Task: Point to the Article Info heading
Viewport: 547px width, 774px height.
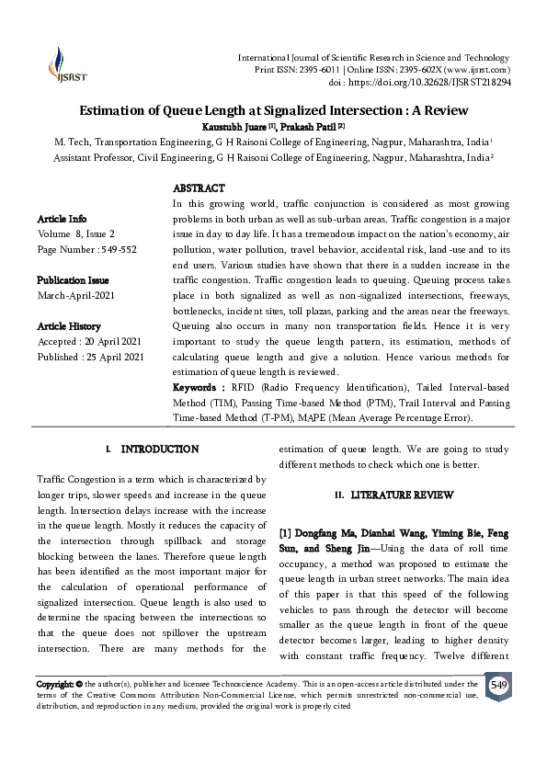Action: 63,219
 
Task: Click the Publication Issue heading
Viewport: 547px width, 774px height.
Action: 73,279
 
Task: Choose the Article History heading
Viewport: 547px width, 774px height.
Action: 69,326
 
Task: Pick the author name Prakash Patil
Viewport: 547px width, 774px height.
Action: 309,125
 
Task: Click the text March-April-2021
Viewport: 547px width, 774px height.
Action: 77,295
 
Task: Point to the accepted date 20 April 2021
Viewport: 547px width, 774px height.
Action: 111,341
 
